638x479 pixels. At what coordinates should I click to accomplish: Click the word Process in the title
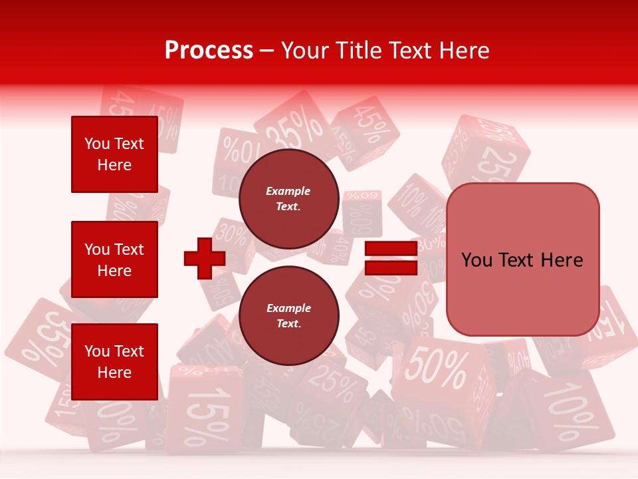tap(209, 50)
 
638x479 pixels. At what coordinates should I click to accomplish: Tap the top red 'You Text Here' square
tap(114, 154)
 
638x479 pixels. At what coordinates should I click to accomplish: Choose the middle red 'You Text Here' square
tap(114, 259)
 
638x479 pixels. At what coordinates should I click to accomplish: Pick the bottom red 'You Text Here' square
tap(114, 361)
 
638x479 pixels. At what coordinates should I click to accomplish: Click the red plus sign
tap(204, 258)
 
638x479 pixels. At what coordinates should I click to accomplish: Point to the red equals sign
tap(391, 258)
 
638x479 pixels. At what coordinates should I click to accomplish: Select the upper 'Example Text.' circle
tap(288, 198)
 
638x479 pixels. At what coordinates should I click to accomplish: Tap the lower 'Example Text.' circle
tap(288, 315)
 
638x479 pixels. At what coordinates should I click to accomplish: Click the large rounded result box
tap(522, 259)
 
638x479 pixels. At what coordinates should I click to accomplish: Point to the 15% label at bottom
tap(207, 412)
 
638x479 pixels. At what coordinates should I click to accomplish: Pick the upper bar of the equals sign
tap(391, 249)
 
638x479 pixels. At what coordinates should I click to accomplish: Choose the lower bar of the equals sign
tap(391, 267)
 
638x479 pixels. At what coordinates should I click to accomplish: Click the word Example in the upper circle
tap(288, 191)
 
